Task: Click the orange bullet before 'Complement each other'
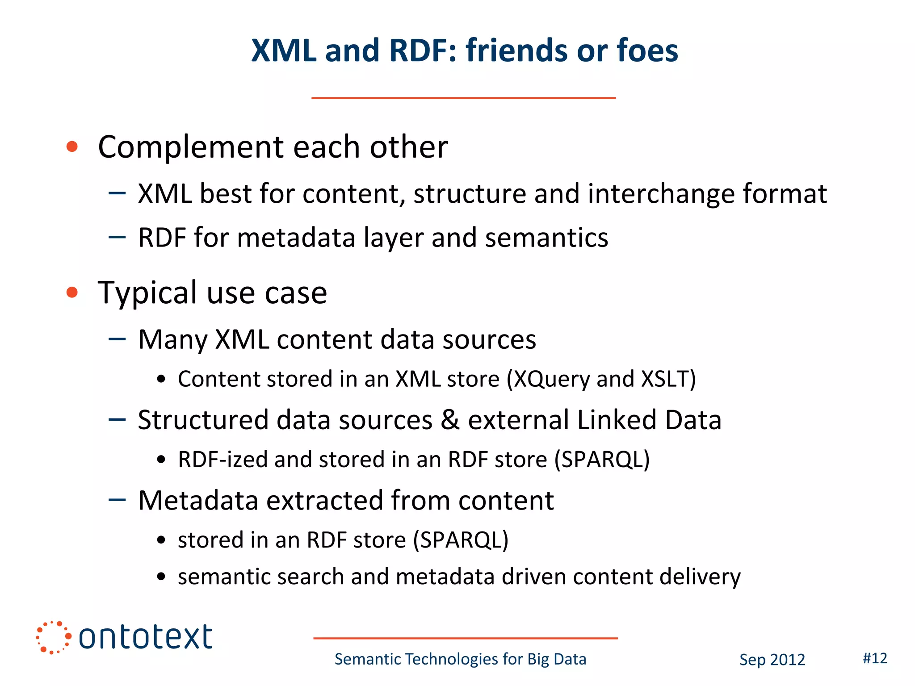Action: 72,146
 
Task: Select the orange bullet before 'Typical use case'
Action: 72,293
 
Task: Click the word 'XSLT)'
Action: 668,379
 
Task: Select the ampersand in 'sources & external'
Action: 450,420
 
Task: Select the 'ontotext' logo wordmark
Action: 145,637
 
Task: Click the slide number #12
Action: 874,658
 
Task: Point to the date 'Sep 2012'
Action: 772,660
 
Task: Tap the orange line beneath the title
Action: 463,98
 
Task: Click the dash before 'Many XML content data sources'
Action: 117,339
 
